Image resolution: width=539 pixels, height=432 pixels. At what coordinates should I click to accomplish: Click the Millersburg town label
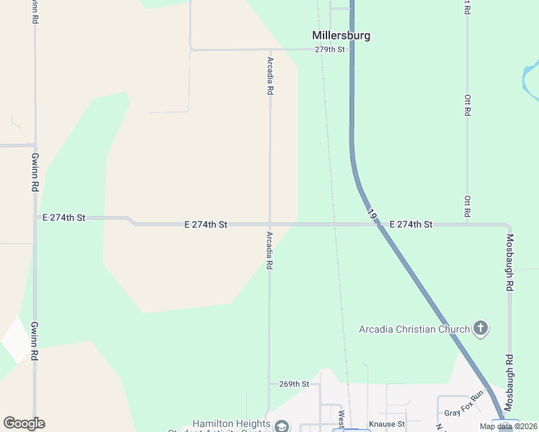click(341, 35)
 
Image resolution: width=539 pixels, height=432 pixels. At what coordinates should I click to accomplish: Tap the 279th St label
click(330, 50)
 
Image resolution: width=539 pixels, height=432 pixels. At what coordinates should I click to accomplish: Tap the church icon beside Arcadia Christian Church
click(481, 329)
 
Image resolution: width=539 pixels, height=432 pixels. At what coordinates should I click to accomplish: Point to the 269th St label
click(294, 384)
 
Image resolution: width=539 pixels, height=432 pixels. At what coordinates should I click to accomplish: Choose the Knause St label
click(387, 424)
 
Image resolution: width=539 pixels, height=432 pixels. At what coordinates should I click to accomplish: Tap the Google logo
click(24, 423)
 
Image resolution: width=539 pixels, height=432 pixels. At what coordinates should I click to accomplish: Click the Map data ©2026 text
click(507, 426)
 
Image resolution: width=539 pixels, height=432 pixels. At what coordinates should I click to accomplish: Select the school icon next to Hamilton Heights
click(282, 426)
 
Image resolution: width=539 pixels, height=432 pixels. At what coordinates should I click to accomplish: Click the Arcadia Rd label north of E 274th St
click(270, 76)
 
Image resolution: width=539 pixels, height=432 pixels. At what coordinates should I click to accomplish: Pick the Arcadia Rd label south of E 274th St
click(269, 250)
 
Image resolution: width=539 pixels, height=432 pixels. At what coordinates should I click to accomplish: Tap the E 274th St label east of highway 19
click(411, 225)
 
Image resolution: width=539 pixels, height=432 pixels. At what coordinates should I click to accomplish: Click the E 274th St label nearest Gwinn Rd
click(64, 217)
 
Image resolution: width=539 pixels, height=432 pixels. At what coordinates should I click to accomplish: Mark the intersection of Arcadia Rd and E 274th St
click(269, 225)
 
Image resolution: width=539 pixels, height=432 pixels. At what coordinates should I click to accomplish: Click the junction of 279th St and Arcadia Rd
click(269, 50)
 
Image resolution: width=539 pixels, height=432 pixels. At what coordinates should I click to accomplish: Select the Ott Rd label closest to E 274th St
click(467, 207)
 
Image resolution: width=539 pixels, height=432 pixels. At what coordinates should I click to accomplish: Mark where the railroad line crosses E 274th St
click(335, 225)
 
